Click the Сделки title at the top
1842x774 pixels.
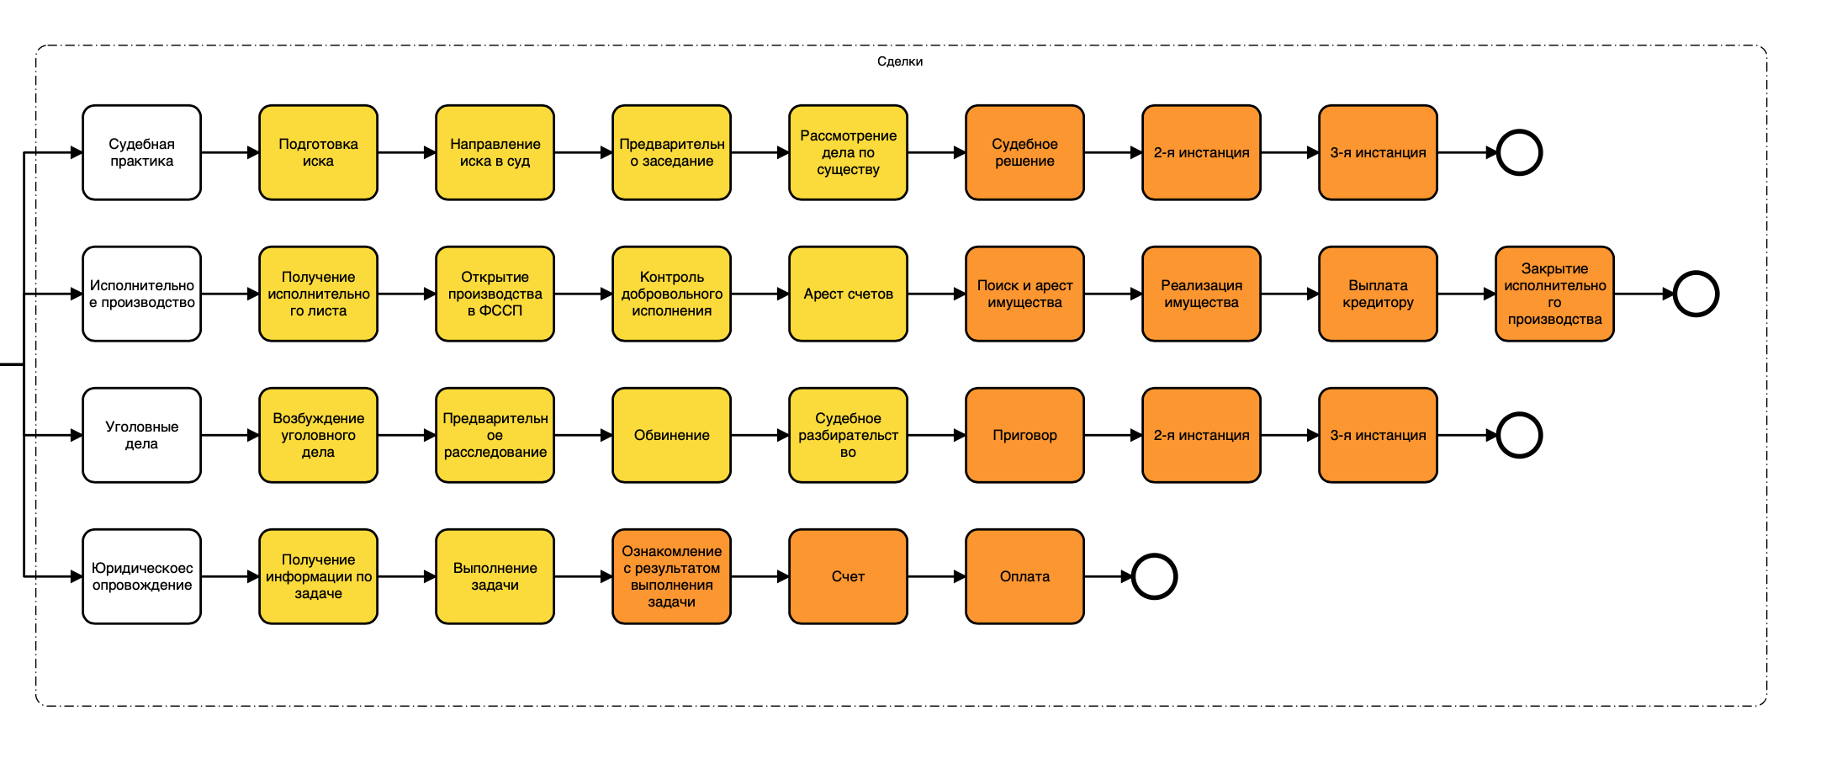pos(899,61)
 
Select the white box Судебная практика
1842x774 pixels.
pos(141,152)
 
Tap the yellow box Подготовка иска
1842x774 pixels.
pos(318,152)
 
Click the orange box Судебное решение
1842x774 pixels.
pos(1024,152)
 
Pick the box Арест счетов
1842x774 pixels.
pos(848,294)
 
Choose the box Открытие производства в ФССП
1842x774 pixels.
pos(495,294)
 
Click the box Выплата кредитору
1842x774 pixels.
pos(1378,294)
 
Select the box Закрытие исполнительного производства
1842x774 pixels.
pos(1554,294)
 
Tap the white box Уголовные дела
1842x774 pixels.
pos(141,435)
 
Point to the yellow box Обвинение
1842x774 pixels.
pos(671,435)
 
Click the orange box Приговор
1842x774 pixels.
pos(1024,435)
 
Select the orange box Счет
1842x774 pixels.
pos(848,576)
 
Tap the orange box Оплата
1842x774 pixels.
pos(1024,576)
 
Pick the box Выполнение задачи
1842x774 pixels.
pos(495,576)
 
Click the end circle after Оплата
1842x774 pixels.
pos(1154,576)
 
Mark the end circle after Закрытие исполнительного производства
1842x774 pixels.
pos(1696,294)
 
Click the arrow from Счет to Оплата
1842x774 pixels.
pos(936,576)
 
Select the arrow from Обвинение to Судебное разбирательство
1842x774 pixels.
pos(760,435)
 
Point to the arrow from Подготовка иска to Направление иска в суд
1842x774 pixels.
pos(406,152)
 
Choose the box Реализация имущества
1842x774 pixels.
pos(1201,294)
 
